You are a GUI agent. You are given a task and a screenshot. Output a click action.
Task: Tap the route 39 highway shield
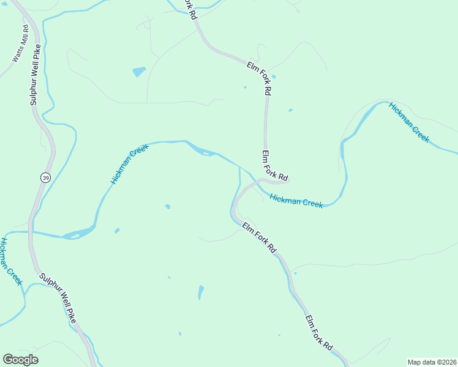[45, 177]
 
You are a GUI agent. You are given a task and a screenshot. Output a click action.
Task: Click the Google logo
[20, 360]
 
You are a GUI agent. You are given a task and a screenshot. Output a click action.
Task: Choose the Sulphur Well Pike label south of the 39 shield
[59, 298]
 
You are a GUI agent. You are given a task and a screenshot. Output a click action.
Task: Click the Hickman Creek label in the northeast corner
[409, 122]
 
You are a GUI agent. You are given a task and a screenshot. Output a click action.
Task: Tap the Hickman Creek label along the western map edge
[10, 261]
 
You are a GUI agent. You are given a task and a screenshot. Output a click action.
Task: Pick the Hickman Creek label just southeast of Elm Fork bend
[296, 201]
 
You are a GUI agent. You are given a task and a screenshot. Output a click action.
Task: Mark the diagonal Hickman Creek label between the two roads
[130, 165]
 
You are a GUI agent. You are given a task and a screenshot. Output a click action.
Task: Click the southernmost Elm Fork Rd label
[318, 333]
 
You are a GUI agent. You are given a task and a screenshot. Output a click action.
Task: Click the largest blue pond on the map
[139, 72]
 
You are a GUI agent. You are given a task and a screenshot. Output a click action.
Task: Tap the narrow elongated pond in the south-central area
[200, 292]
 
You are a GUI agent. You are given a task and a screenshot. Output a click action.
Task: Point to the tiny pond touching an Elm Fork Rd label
[273, 76]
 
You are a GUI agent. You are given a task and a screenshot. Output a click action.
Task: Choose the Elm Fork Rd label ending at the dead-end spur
[274, 165]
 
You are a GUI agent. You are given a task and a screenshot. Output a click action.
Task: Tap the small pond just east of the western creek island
[116, 231]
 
